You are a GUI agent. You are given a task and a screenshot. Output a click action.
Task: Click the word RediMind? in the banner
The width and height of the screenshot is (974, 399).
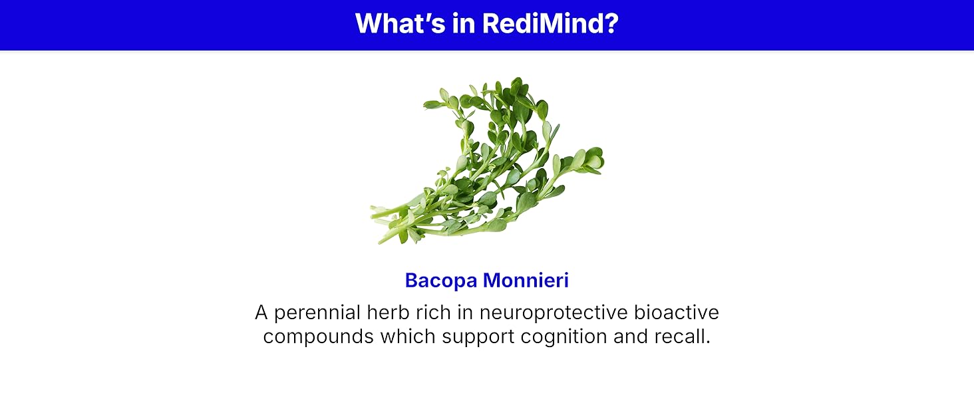[x=550, y=23]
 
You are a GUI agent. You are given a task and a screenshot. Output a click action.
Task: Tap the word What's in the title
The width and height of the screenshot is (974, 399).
[x=400, y=23]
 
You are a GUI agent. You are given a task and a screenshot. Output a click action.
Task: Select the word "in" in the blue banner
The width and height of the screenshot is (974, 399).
[x=464, y=23]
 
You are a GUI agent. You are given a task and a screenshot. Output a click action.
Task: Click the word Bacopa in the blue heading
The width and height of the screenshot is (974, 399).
[x=441, y=281]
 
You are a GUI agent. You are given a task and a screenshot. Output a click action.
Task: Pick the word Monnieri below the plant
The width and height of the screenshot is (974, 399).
[x=526, y=280]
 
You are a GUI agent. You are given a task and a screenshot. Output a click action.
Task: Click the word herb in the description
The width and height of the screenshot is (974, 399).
[x=388, y=312]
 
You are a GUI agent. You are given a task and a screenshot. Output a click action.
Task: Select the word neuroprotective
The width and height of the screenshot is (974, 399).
[x=554, y=313]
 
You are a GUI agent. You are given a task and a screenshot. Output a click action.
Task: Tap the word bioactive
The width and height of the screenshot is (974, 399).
[x=677, y=312]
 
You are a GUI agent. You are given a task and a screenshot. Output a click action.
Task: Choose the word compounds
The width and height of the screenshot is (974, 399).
[x=318, y=337]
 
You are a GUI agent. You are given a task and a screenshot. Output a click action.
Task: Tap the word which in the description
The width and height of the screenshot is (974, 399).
[x=408, y=336]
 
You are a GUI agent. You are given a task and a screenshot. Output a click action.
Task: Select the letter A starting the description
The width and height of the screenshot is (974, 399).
[x=261, y=312]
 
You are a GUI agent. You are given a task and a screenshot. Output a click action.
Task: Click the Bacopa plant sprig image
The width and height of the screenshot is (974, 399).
[x=487, y=161]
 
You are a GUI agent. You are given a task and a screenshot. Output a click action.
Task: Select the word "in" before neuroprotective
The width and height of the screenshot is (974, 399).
[x=465, y=312]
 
